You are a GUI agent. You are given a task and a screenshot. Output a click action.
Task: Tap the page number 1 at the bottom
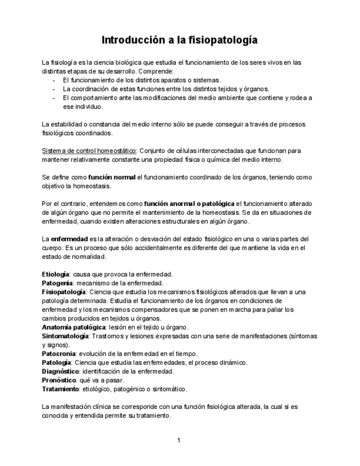click(179, 440)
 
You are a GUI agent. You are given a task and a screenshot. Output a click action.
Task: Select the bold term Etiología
click(56, 274)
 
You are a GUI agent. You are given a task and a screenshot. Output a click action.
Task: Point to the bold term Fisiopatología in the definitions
click(64, 291)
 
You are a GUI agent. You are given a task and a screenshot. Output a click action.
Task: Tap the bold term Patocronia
click(59, 353)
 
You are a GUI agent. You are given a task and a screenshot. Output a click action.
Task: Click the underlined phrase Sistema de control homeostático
click(90, 151)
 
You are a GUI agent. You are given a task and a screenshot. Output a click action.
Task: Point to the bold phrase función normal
click(112, 177)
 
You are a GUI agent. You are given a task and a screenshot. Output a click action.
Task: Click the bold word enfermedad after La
click(70, 239)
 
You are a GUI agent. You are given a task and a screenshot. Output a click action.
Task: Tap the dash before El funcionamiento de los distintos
click(54, 80)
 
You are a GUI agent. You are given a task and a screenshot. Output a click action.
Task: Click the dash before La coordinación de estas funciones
click(54, 89)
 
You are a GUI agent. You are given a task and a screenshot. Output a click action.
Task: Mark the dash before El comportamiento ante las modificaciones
click(54, 98)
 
